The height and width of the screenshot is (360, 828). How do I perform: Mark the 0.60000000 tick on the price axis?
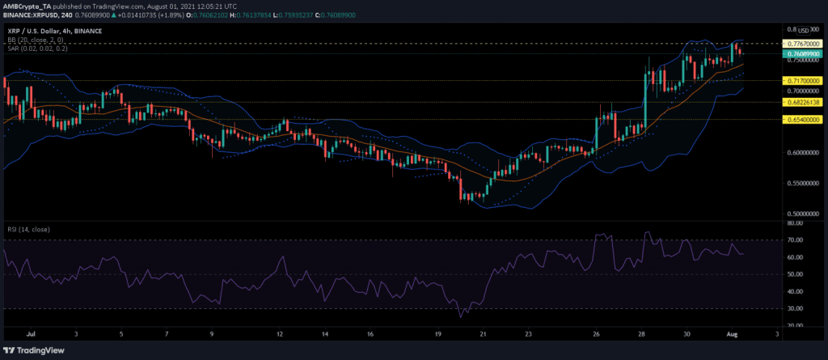click(x=801, y=152)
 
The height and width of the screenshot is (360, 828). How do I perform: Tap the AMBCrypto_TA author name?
click(x=29, y=6)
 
